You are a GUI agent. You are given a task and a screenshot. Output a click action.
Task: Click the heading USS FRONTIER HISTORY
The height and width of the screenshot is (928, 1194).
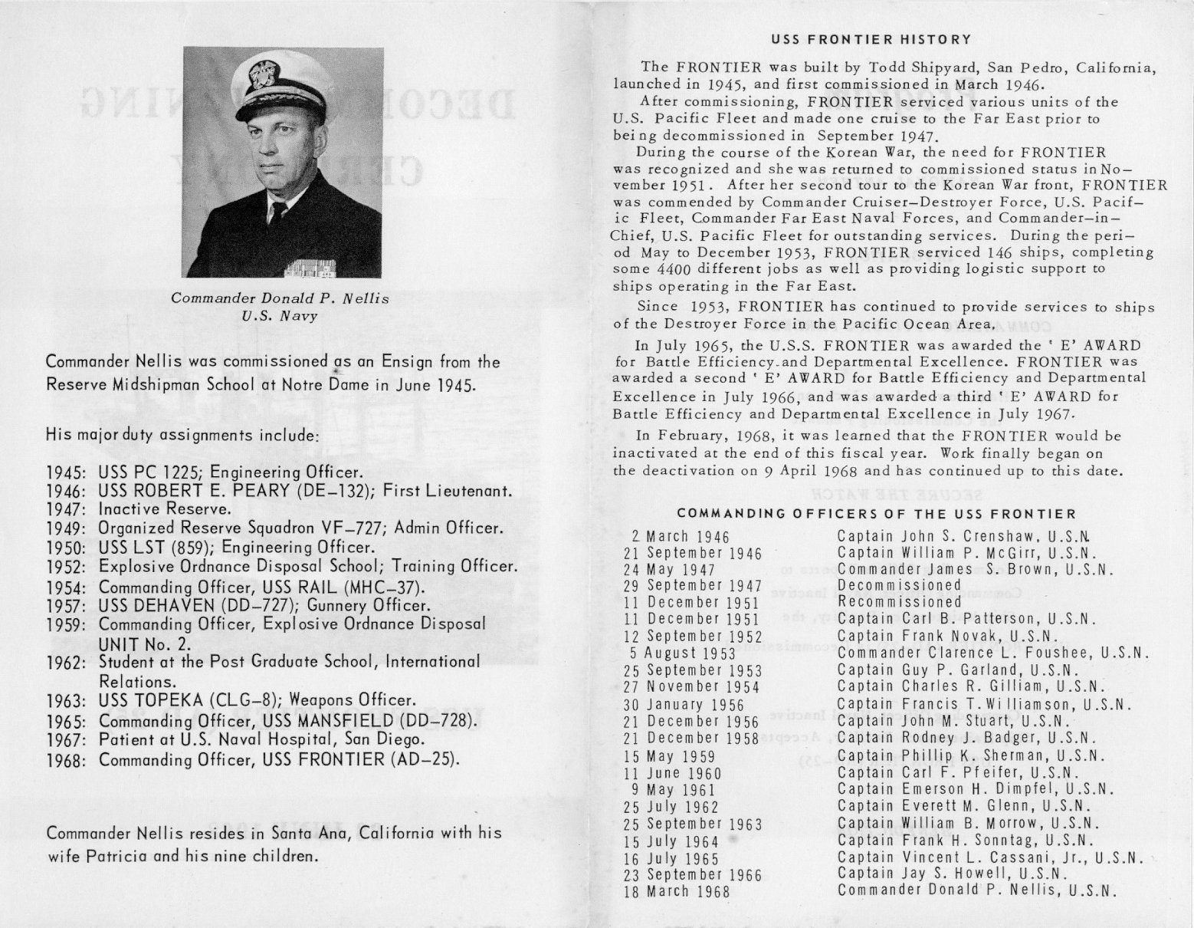coord(871,39)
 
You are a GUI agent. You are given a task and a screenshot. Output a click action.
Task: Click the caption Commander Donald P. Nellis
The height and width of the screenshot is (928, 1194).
coord(280,298)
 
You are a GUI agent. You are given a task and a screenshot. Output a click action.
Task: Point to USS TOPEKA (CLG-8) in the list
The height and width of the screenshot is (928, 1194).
coord(183,700)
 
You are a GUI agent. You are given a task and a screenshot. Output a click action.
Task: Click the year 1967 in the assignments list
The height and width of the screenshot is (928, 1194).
coord(64,740)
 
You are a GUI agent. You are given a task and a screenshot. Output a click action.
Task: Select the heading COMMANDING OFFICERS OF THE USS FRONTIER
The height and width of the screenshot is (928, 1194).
coord(876,513)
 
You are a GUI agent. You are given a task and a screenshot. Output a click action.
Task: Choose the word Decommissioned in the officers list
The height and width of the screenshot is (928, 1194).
coord(899,585)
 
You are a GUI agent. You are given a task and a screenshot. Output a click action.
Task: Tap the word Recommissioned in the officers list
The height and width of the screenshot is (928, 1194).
coord(899,602)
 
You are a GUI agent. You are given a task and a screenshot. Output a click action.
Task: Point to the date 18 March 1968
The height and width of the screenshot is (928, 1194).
coord(677,891)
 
